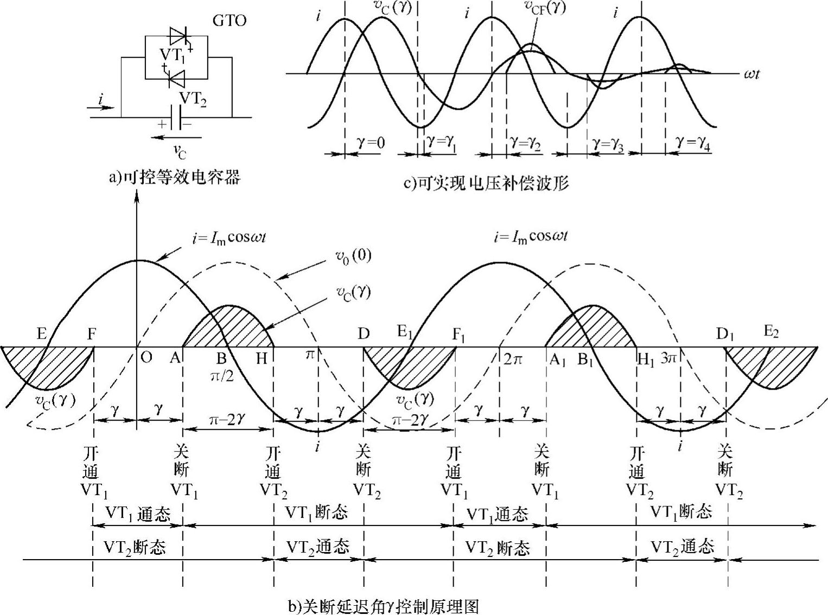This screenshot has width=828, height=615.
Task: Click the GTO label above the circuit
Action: point(230,21)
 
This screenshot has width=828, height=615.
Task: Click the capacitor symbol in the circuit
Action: point(175,118)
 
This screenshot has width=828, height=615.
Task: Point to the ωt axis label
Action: point(751,73)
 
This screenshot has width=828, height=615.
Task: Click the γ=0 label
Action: point(372,143)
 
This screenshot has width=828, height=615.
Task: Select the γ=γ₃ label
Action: point(608,144)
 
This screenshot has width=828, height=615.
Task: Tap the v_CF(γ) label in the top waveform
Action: point(545,7)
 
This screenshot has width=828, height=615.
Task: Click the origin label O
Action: point(146,357)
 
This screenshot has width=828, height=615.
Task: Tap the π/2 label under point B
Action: point(222,376)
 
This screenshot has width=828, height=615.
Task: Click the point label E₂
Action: point(771,332)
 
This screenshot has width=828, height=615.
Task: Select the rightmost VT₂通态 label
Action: point(682,547)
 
